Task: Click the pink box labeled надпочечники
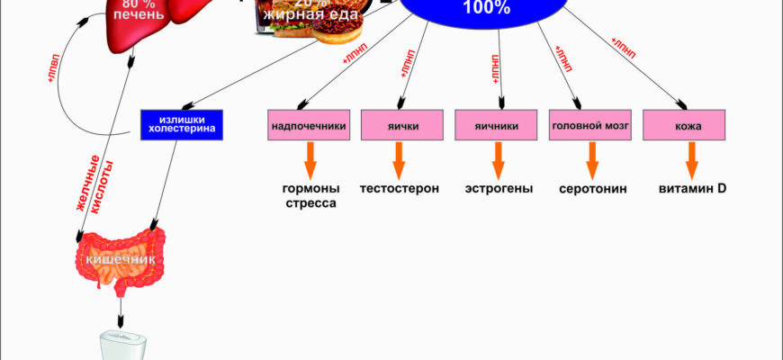[x=309, y=126]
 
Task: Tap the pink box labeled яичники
[x=490, y=126]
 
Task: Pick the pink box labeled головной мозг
[x=585, y=126]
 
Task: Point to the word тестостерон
[x=400, y=189]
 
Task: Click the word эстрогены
[x=499, y=189]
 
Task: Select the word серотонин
[x=592, y=189]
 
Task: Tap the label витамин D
[x=692, y=189]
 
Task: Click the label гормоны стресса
[x=311, y=196]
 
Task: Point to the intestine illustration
[x=120, y=262]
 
